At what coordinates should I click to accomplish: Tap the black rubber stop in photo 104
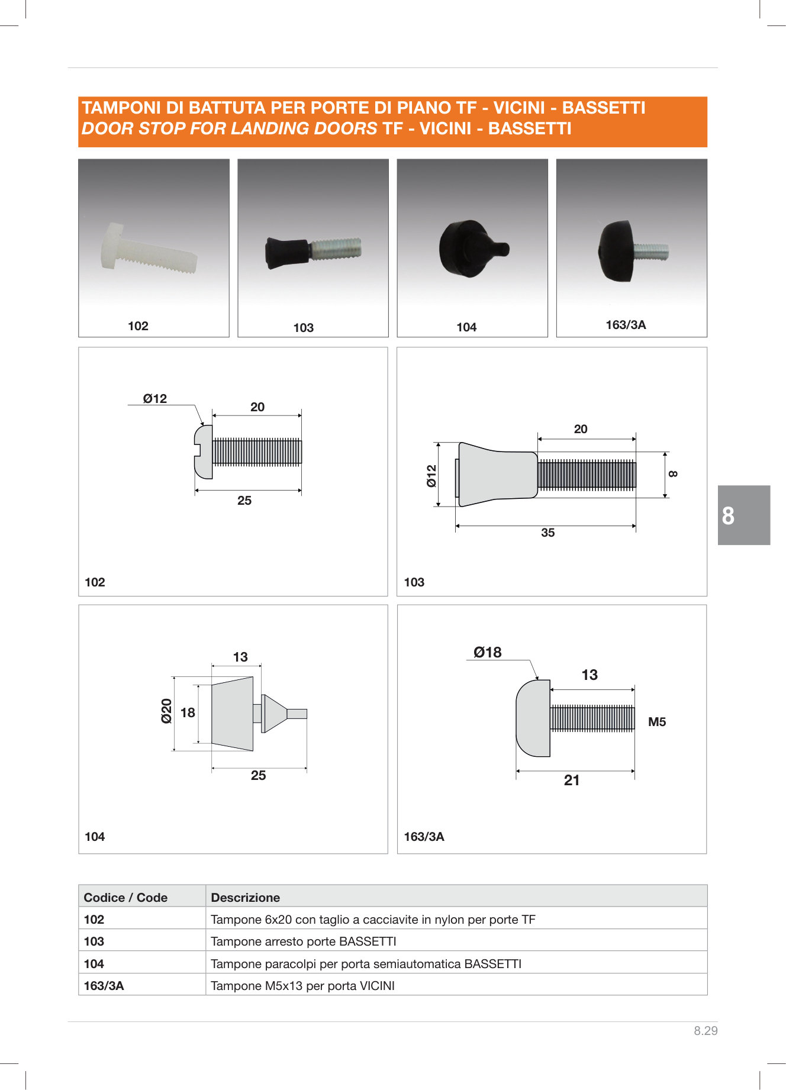tap(473, 249)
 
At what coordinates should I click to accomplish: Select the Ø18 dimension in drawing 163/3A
tap(487, 652)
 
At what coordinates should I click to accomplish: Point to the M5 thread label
tap(657, 722)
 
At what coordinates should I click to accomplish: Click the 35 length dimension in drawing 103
tap(548, 533)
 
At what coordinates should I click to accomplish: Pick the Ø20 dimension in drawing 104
tap(166, 711)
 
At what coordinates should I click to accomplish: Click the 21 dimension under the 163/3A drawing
tap(572, 781)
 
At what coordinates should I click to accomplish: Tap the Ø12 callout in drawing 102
tap(155, 399)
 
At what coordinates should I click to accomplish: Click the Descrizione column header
tap(245, 898)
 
